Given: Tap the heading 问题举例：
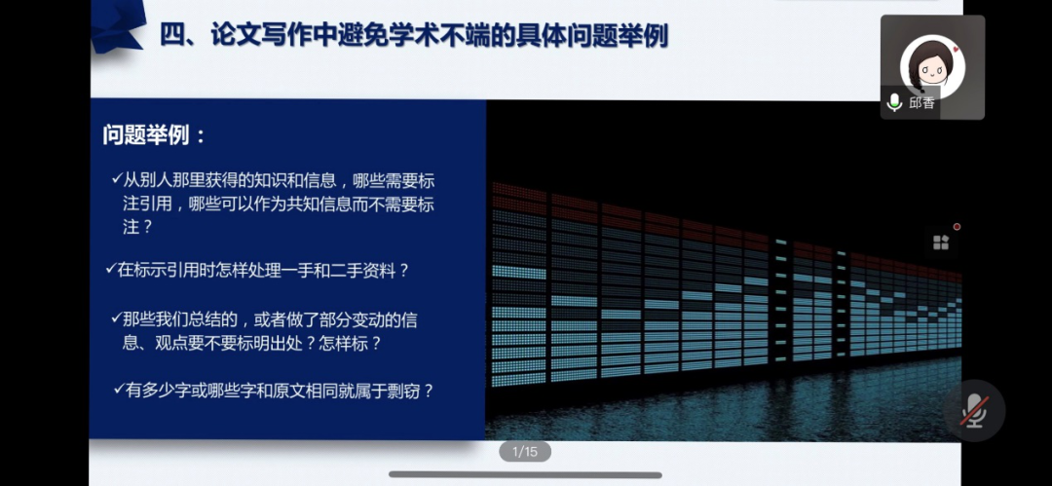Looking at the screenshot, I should click(155, 135).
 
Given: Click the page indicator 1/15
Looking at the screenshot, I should click(525, 451).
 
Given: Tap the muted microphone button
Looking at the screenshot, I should click(974, 410).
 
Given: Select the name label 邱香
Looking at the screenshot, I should click(921, 102).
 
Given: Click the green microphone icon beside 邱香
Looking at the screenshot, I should click(894, 102).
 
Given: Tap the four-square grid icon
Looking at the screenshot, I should click(941, 243).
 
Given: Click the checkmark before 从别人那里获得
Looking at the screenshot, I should click(116, 178).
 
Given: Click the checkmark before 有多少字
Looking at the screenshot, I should click(119, 391).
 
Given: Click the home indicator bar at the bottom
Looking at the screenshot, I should click(525, 475).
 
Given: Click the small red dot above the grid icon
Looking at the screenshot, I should click(957, 227).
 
